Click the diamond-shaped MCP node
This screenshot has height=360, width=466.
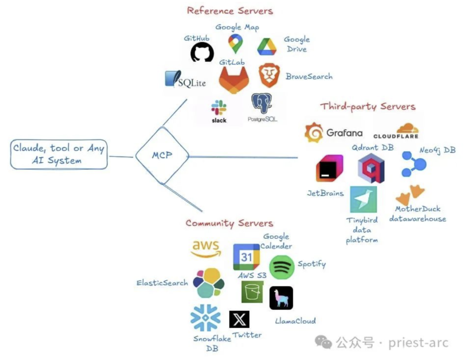pos(162,156)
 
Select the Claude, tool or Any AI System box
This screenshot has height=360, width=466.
pos(59,154)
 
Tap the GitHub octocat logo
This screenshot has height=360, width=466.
pos(202,53)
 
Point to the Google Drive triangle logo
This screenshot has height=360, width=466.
pos(267,47)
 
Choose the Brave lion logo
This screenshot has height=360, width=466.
pos(269,76)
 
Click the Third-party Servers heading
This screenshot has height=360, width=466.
pos(368,106)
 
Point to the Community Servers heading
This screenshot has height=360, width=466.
pos(229,223)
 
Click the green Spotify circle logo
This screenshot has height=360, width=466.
pos(282,267)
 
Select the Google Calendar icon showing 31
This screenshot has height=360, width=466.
pos(246,257)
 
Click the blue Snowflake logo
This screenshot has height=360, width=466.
pos(205,318)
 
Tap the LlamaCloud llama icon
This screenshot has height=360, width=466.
pos(281,298)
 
